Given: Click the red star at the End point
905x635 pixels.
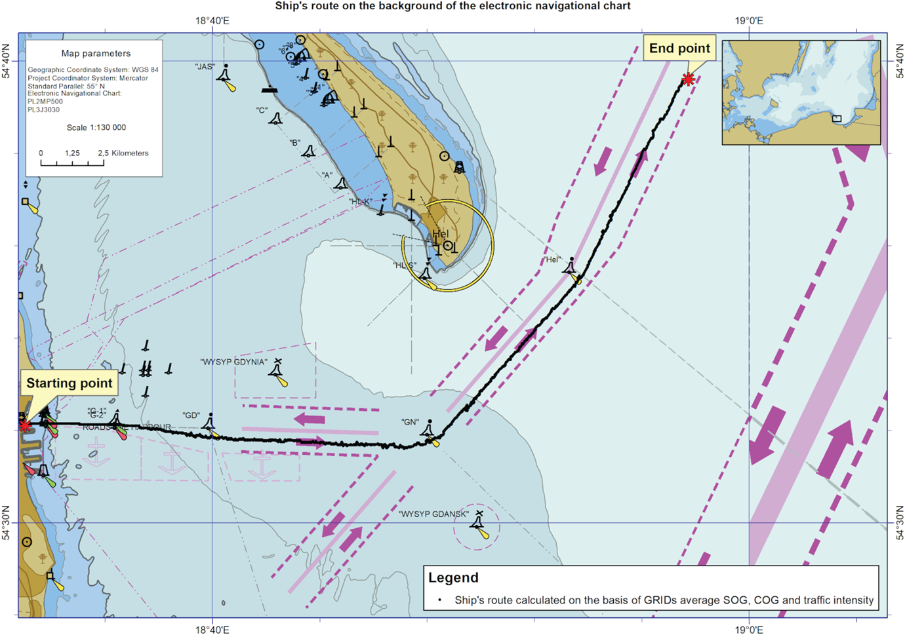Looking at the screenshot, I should [688, 80].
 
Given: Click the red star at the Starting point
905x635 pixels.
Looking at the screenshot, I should [25, 427].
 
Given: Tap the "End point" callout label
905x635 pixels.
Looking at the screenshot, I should [679, 48].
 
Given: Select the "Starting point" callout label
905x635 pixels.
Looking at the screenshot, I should [69, 383].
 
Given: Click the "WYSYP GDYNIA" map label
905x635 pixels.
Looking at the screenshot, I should [233, 362].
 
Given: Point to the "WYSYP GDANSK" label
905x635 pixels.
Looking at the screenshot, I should [433, 514].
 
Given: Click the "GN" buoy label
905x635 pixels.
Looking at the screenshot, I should [410, 422].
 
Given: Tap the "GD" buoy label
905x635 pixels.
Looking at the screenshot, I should [191, 415].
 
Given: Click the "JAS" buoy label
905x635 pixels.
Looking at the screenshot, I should [205, 67].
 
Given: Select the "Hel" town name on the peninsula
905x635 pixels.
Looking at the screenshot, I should [441, 234].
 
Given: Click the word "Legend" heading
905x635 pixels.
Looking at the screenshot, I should [453, 578].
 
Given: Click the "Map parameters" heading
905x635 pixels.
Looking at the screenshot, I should [96, 54].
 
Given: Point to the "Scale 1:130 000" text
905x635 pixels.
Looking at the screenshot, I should [96, 128].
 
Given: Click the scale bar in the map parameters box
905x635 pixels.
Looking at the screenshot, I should [72, 162].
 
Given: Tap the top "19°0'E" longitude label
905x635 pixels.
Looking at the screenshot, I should [749, 21].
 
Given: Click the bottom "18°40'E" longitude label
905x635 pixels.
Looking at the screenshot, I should [212, 630].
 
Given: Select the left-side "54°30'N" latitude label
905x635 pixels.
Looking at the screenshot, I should [7, 522].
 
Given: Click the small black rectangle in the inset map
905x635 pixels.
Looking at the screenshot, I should [836, 119].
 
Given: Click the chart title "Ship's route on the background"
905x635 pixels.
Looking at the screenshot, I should [452, 7].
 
